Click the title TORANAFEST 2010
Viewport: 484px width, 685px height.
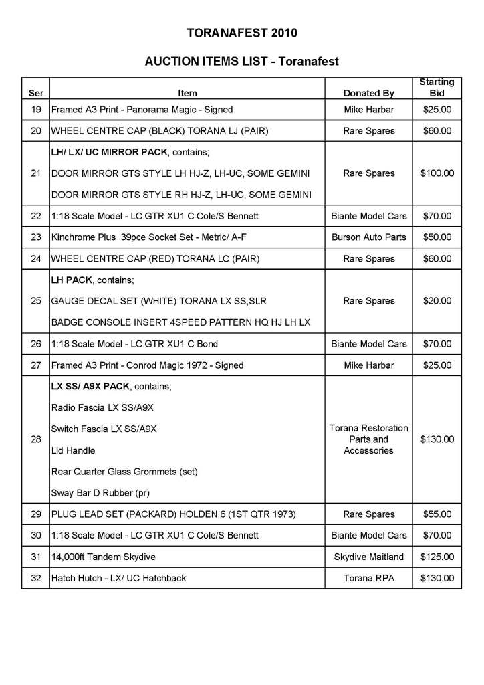242,32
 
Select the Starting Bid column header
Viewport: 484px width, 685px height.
437,88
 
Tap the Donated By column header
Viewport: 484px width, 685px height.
369,93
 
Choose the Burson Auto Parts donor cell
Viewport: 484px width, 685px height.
369,237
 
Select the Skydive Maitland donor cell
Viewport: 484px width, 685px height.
369,557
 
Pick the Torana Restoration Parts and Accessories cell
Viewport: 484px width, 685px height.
369,439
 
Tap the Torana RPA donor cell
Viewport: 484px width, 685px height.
369,579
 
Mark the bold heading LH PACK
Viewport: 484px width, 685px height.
72,280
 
